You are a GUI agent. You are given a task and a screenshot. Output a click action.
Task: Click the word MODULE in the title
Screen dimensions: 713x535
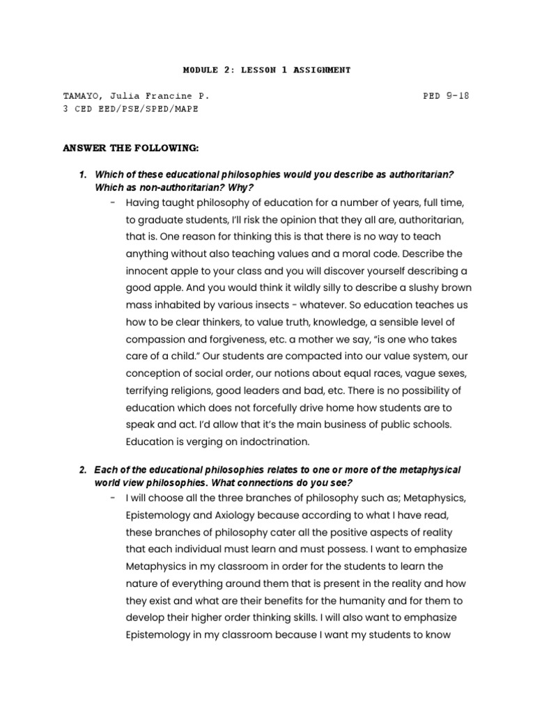[x=200, y=70]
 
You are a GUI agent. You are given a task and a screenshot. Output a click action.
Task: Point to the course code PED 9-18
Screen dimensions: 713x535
[x=446, y=96]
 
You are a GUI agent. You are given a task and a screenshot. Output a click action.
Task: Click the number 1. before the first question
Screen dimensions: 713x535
[x=84, y=173]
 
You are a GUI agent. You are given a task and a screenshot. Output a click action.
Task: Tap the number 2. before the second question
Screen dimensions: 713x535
[x=84, y=471]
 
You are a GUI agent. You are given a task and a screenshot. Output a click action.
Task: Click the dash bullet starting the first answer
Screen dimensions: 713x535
[x=112, y=203]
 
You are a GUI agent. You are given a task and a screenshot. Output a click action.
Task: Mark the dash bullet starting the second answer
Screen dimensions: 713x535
[x=112, y=499]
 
